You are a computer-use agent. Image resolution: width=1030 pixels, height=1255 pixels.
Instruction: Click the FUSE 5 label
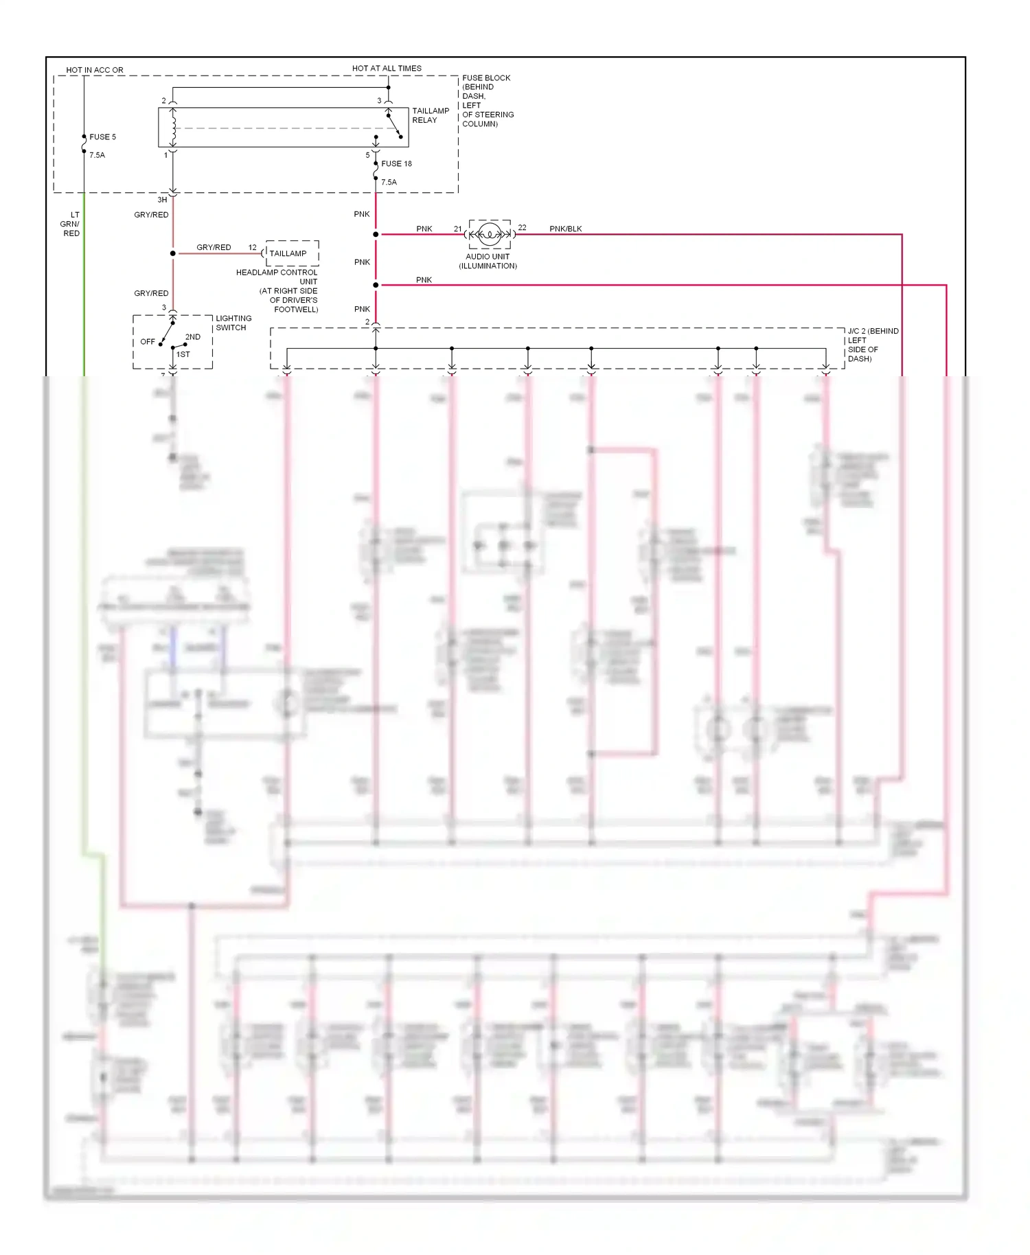click(102, 137)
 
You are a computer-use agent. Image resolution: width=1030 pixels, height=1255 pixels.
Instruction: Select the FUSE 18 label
click(396, 163)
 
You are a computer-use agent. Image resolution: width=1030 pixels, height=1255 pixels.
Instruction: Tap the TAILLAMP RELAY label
click(430, 115)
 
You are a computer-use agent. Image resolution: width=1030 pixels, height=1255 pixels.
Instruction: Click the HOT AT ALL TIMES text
click(387, 69)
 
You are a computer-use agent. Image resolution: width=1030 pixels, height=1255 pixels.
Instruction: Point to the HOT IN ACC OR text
click(95, 70)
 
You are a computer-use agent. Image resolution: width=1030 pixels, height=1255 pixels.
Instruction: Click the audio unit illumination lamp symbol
click(489, 235)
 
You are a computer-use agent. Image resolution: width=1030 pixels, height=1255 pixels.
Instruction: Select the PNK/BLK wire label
click(565, 229)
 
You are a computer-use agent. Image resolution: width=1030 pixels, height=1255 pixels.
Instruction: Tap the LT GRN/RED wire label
click(71, 224)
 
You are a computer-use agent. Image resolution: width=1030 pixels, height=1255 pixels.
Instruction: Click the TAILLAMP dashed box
click(292, 253)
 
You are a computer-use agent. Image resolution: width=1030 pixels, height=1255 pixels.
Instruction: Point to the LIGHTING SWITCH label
click(233, 323)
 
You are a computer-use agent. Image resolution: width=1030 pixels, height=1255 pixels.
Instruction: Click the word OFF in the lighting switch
click(147, 342)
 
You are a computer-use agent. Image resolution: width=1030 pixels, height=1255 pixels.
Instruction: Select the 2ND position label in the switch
click(193, 337)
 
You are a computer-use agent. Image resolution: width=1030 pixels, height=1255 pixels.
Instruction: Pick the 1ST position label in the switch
click(183, 354)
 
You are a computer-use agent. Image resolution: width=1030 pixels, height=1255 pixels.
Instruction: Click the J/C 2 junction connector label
click(872, 345)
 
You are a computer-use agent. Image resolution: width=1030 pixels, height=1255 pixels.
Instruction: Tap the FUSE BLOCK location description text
click(487, 101)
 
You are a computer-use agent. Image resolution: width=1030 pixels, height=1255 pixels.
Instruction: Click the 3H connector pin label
click(162, 200)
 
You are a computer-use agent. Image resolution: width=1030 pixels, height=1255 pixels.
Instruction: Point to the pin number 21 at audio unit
click(457, 229)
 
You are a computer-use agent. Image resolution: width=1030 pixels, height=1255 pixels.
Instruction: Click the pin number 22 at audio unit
click(522, 227)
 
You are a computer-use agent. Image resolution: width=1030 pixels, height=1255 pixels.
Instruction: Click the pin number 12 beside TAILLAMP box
click(252, 247)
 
